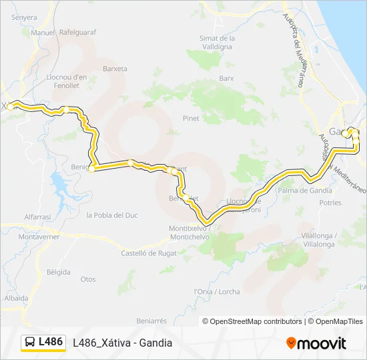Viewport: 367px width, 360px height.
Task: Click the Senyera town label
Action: (24, 17)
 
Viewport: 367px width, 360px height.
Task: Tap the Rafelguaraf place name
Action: (78, 31)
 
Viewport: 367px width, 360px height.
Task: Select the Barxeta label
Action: (115, 68)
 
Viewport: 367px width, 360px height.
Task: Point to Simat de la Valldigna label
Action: (216, 43)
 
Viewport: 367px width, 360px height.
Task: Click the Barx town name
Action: (227, 77)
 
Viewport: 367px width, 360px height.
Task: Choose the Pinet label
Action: (191, 118)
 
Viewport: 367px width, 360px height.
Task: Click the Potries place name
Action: (330, 202)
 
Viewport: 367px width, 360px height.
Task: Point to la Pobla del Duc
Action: (112, 215)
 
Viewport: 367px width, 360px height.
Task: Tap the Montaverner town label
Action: (21, 237)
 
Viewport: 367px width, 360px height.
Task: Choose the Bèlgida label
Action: (59, 273)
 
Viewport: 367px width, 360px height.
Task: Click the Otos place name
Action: (88, 279)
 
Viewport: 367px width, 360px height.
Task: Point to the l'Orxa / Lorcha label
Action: (216, 291)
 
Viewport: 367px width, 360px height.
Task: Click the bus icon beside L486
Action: (30, 342)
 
